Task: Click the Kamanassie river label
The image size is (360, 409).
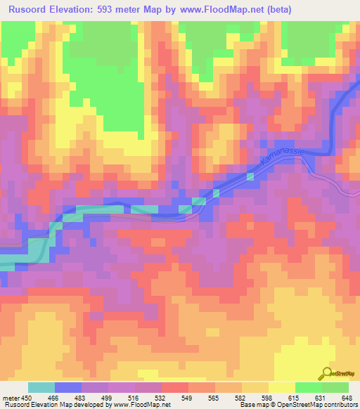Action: (279, 158)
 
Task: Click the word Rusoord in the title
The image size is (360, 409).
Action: (32, 10)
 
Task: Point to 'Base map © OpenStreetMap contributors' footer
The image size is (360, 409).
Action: (297, 404)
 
